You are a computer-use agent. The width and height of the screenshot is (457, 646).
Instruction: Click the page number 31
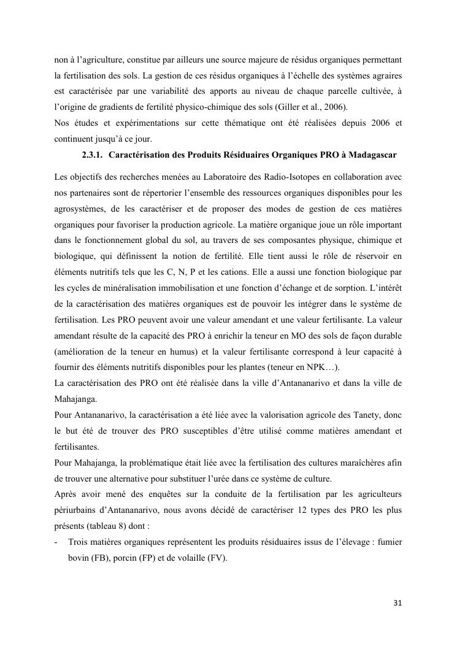(x=397, y=602)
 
